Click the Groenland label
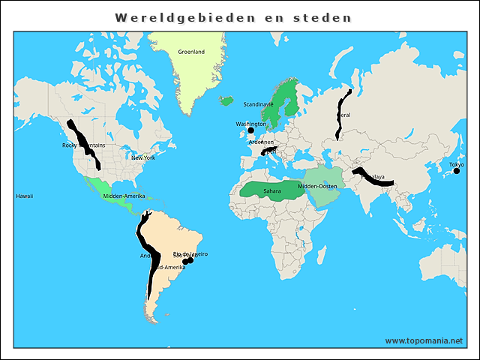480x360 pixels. click(191, 52)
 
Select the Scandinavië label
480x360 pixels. click(259, 104)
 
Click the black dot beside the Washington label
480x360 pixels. click(250, 130)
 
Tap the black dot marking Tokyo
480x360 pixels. click(456, 172)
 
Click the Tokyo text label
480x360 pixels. click(456, 164)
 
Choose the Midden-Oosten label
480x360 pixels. click(317, 186)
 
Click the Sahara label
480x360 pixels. click(272, 191)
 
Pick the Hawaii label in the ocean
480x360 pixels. click(25, 196)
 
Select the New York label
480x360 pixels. click(143, 157)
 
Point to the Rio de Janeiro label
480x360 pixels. click(190, 254)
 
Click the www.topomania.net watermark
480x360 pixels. click(423, 340)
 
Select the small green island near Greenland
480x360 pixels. click(226, 100)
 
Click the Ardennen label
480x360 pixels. click(261, 142)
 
